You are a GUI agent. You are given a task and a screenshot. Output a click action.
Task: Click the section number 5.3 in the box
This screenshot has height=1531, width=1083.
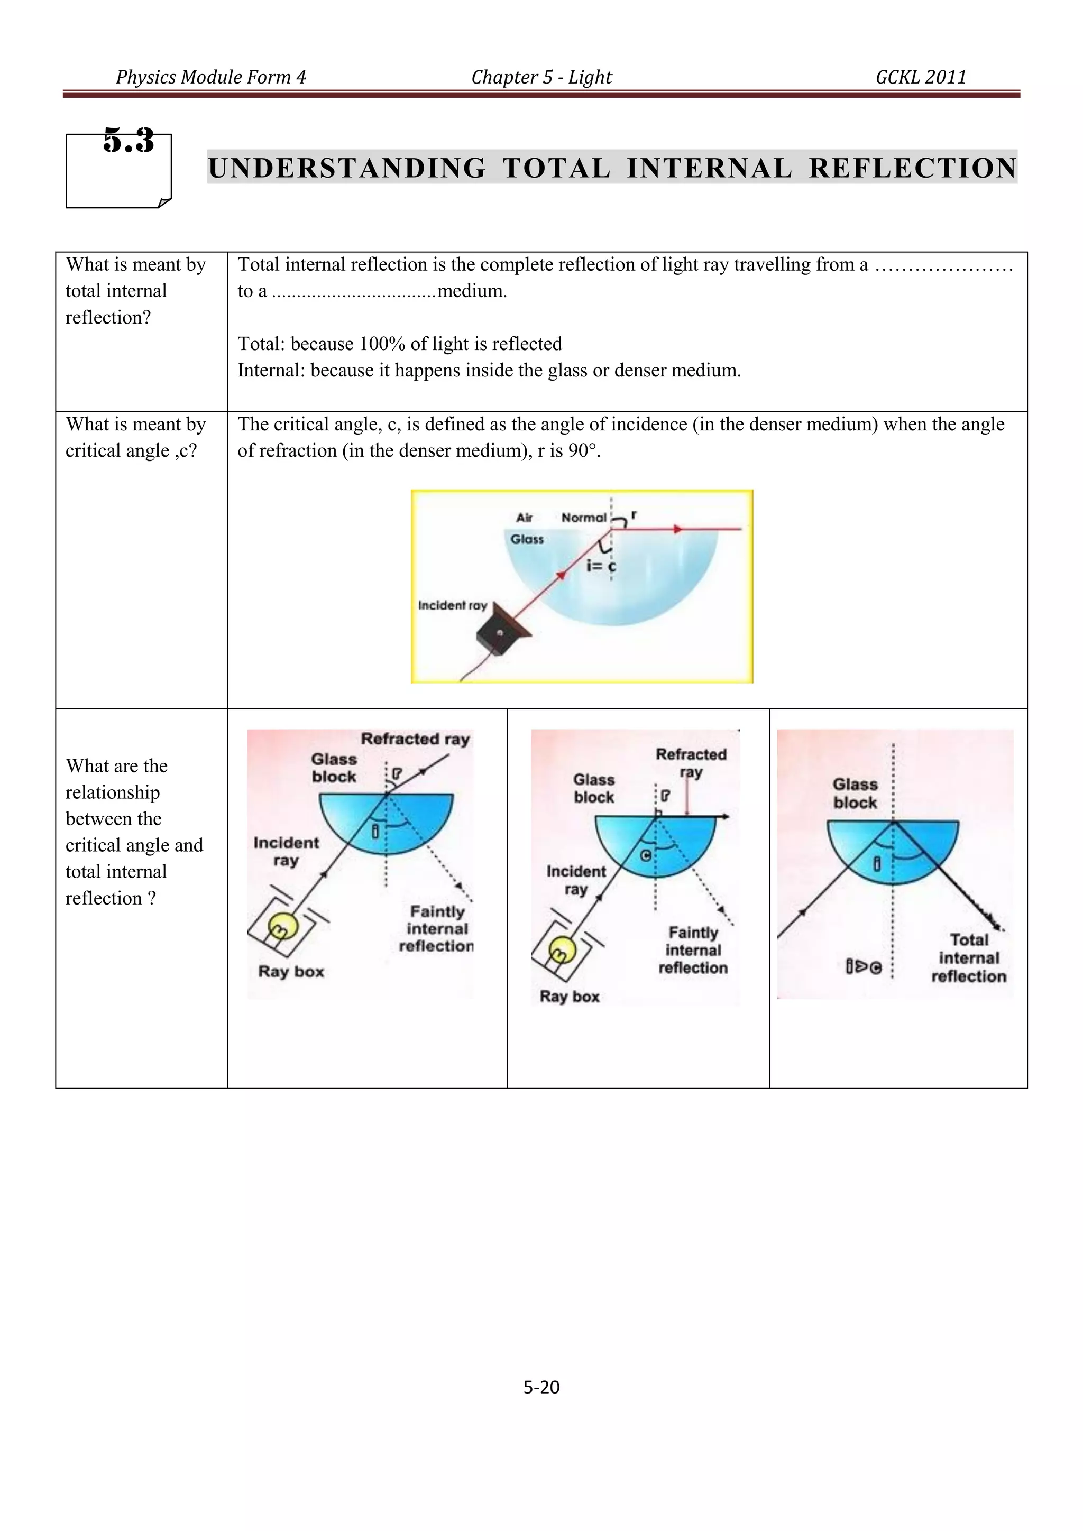tap(129, 141)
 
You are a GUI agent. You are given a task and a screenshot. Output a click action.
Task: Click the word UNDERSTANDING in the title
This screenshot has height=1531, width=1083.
tap(347, 168)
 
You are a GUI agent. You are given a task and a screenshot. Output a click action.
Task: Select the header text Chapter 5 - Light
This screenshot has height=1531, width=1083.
tap(541, 77)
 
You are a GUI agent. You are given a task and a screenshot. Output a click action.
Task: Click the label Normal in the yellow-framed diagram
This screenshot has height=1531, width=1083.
tap(583, 518)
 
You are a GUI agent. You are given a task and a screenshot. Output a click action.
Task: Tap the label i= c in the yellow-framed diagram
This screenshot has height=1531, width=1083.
tap(601, 566)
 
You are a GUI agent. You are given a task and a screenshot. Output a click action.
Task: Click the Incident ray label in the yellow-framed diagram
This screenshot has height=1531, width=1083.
tap(452, 605)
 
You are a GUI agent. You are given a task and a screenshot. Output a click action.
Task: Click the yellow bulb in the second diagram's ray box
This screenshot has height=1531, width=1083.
tap(562, 950)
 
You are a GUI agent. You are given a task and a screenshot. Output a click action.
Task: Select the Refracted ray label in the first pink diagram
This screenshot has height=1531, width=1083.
tap(415, 739)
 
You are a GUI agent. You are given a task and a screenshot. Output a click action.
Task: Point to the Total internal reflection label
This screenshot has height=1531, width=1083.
tap(968, 958)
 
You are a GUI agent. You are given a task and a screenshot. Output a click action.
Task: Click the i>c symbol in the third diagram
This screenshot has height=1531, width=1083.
tap(864, 966)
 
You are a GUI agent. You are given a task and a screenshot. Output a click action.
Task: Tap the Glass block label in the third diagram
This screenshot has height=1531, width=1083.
tap(855, 794)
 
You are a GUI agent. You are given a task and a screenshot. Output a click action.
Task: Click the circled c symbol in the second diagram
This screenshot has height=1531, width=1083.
tap(646, 855)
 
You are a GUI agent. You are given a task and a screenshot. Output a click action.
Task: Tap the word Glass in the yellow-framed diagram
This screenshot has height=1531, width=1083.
tap(527, 539)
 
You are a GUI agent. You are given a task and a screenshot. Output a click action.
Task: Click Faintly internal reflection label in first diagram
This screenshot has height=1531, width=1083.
tap(437, 929)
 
